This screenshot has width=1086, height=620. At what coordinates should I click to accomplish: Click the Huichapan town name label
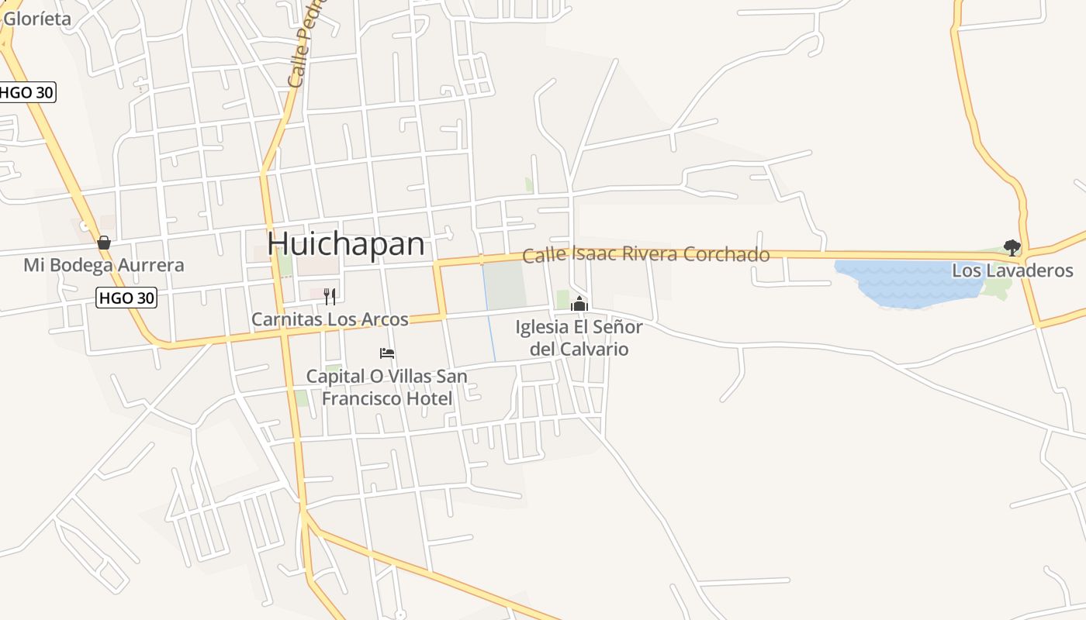(346, 244)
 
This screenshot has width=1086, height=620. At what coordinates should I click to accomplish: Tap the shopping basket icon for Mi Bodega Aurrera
(104, 243)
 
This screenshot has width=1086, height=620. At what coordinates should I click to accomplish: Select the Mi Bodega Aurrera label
(104, 265)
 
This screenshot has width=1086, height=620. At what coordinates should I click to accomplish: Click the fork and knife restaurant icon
(330, 295)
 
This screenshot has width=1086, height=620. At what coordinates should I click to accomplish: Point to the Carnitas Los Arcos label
(330, 319)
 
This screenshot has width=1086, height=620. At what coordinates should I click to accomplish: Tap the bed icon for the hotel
(387, 353)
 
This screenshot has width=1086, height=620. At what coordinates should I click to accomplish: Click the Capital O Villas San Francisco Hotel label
(386, 387)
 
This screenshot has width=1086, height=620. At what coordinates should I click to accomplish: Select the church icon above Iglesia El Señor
(579, 305)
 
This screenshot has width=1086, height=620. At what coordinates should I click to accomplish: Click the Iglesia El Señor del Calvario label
(579, 338)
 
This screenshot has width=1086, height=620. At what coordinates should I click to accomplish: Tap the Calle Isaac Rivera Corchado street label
(645, 255)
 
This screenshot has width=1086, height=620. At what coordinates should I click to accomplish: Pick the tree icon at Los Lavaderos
(1012, 248)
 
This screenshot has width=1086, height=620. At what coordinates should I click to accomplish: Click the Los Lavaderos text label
(1012, 270)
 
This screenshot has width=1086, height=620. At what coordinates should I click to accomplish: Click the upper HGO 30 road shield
(27, 92)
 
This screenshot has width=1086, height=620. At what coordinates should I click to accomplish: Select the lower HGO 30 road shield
(126, 297)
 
